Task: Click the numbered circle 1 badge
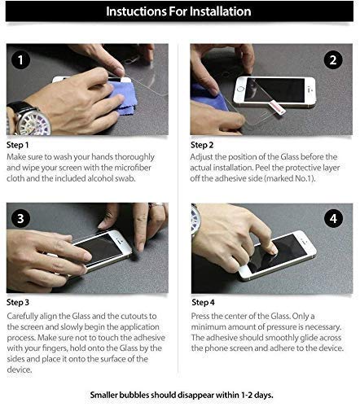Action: pyautogui.click(x=20, y=60)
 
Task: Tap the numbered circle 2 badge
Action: pyautogui.click(x=333, y=60)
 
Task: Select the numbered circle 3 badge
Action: pyautogui.click(x=20, y=219)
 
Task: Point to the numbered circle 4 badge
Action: pyautogui.click(x=333, y=219)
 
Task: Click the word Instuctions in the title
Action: pyautogui.click(x=136, y=11)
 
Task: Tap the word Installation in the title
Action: pyautogui.click(x=220, y=11)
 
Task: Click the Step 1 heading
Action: pyautogui.click(x=17, y=145)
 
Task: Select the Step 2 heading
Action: pyautogui.click(x=202, y=145)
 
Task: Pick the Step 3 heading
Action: pyautogui.click(x=18, y=302)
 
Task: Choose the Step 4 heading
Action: pyautogui.click(x=203, y=302)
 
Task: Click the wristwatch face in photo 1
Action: pyautogui.click(x=35, y=122)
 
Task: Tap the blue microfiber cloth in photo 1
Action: pyautogui.click(x=122, y=98)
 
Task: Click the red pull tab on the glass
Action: pyautogui.click(x=277, y=107)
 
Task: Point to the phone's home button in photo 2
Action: pyautogui.click(x=240, y=89)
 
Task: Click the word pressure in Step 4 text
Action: pyautogui.click(x=281, y=327)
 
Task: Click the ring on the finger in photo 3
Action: pyautogui.click(x=157, y=205)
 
